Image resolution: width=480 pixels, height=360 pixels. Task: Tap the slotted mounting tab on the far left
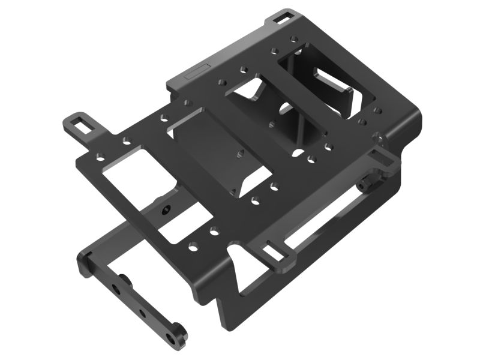coord(80,124)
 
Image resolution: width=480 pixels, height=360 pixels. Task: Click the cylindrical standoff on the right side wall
coord(365,186)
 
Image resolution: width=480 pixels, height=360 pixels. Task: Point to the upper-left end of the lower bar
coord(85,263)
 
